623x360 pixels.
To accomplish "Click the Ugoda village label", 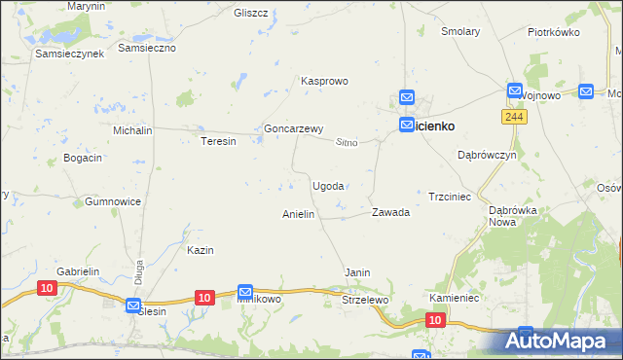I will click(327, 186).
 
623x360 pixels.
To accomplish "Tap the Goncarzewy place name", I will click(293, 128).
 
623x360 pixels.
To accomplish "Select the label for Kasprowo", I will click(324, 82).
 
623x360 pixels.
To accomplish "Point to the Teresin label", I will click(218, 141).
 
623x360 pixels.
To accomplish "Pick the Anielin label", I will click(298, 214).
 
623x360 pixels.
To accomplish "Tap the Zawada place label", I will click(390, 212).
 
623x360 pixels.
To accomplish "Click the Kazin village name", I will click(200, 250).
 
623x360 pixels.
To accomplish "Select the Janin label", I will click(357, 273).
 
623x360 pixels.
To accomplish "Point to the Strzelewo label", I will click(365, 300).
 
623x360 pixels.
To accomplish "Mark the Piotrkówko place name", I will click(553, 32).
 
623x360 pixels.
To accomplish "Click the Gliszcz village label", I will click(251, 13).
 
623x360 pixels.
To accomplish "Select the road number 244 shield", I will click(515, 117).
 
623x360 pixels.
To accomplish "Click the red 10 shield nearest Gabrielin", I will click(48, 287).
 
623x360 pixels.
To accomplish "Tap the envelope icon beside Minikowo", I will click(245, 292).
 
